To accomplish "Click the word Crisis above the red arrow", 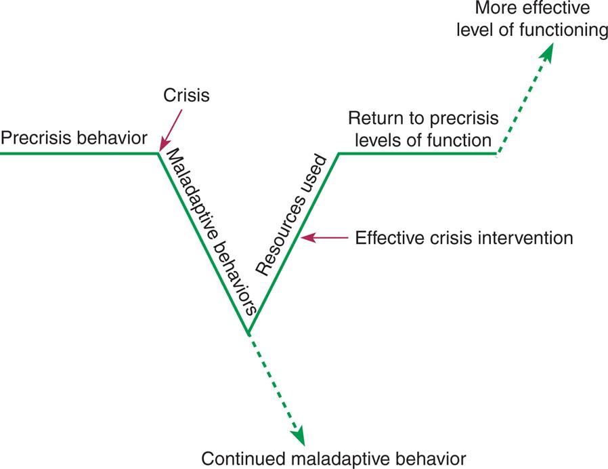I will [x=187, y=96].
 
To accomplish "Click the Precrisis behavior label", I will [x=74, y=138].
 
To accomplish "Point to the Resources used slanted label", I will [x=292, y=214].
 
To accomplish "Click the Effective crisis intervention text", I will [x=464, y=239].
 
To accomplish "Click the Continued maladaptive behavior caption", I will [x=334, y=456].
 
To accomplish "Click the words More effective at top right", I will [x=531, y=9].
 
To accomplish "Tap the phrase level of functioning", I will [x=531, y=30].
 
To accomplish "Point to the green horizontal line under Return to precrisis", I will [x=416, y=153].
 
